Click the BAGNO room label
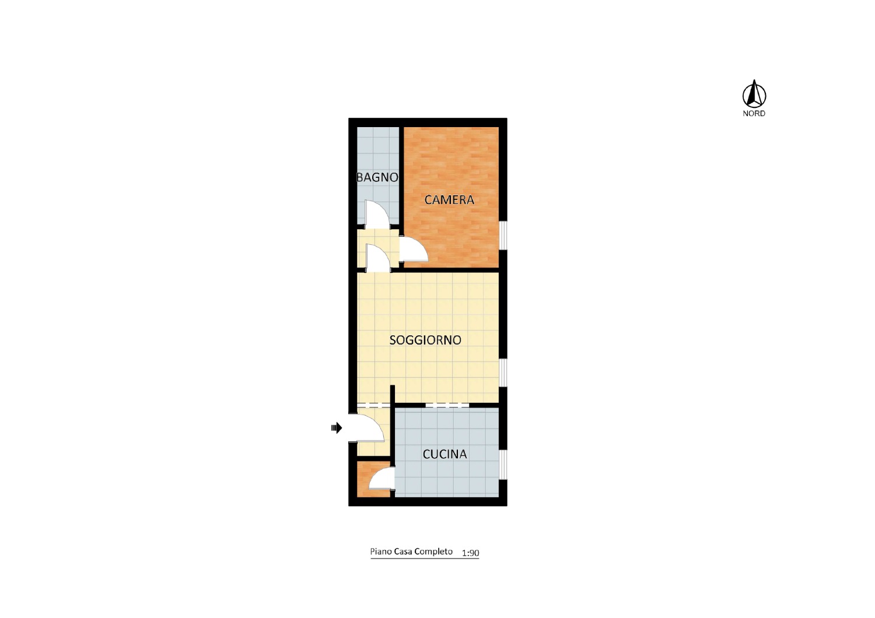377,178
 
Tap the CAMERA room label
449,200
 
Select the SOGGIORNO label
425,340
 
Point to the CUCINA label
444,454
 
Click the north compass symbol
754,94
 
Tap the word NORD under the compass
754,114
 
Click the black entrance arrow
337,428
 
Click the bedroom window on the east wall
503,235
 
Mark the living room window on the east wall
503,373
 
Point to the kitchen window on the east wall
503,465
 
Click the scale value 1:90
470,553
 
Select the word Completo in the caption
433,552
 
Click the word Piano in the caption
381,552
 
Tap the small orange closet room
373,479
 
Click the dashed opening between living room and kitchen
447,405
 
